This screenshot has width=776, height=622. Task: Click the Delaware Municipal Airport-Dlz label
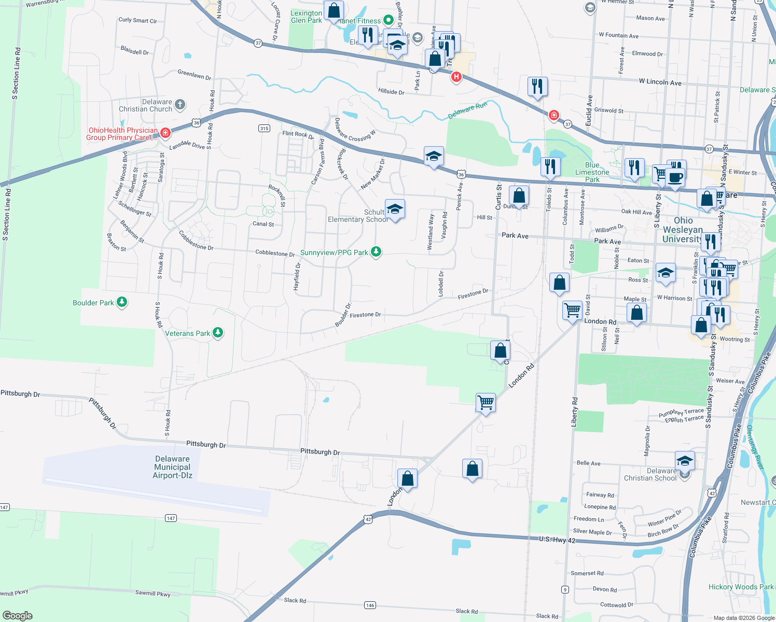(172, 467)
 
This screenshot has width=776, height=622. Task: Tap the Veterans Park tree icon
(218, 333)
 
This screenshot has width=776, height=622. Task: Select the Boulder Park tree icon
(122, 302)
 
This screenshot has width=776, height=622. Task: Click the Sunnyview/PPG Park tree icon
(376, 252)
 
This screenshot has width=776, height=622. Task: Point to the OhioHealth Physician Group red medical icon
(165, 133)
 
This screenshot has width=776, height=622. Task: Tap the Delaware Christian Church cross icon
(180, 105)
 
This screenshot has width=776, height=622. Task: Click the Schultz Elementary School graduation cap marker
(395, 209)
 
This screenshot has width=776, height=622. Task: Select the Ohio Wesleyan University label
(683, 230)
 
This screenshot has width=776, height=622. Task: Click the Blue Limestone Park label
(592, 172)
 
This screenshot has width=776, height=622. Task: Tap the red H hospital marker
(456, 77)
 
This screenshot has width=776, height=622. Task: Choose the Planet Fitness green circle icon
(388, 20)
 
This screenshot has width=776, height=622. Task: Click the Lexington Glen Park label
(306, 17)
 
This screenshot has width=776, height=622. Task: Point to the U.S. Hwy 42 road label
(557, 540)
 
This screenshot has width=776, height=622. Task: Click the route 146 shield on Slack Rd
(370, 605)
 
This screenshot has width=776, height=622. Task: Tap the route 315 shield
(264, 128)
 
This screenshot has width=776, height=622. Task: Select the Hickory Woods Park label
(741, 587)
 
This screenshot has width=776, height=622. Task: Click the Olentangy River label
(755, 447)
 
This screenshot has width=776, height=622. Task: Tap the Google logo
(18, 615)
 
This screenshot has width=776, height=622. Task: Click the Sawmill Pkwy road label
(153, 593)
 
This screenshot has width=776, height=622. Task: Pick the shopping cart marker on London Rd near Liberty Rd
(572, 310)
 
